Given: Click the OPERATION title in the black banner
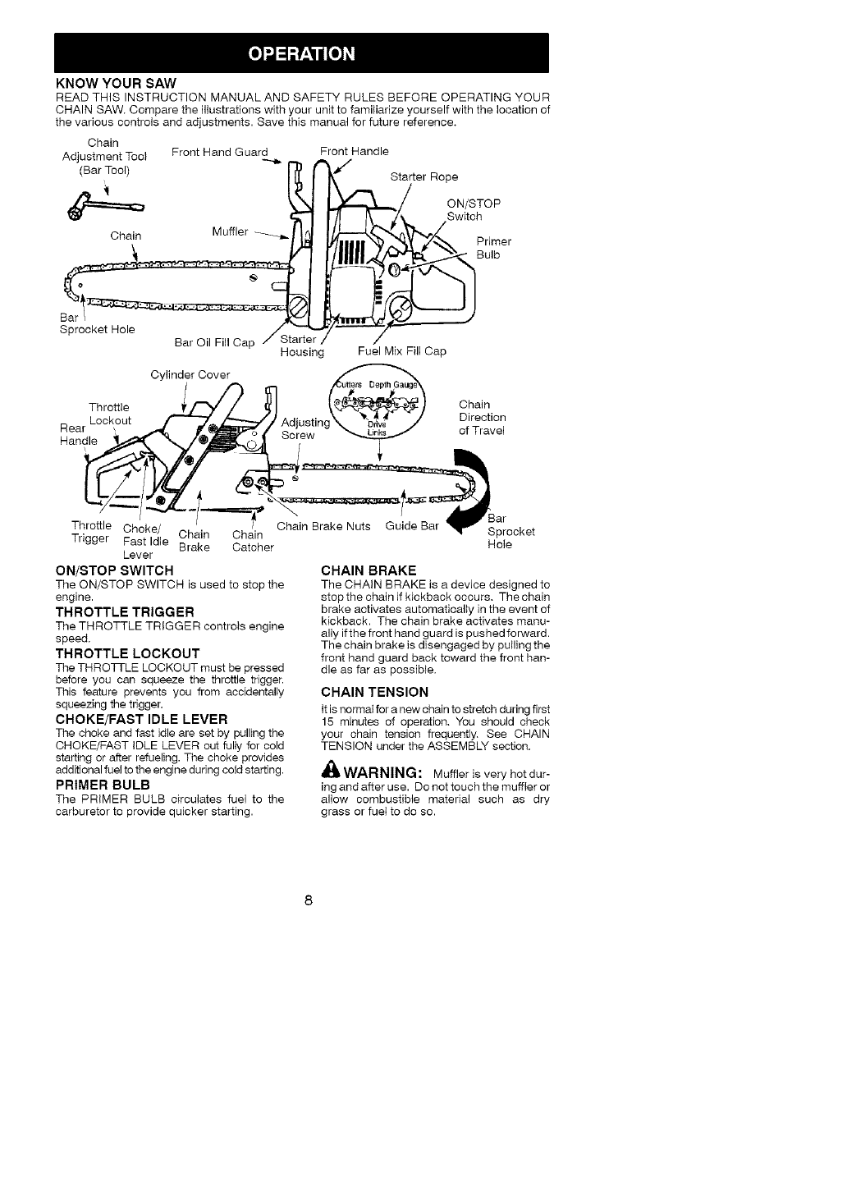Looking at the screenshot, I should pos(302,54).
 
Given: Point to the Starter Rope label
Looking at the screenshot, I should pos(423,176).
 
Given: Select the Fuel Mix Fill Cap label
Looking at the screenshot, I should pos(401,351).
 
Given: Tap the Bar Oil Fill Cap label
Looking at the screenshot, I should pos(215,342).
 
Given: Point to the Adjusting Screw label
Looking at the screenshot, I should pos(305,428).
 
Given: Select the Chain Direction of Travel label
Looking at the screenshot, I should pos(482,418).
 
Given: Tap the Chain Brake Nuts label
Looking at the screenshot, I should pos(323,526).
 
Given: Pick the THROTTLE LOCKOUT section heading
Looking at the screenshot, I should pos(126,654).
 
